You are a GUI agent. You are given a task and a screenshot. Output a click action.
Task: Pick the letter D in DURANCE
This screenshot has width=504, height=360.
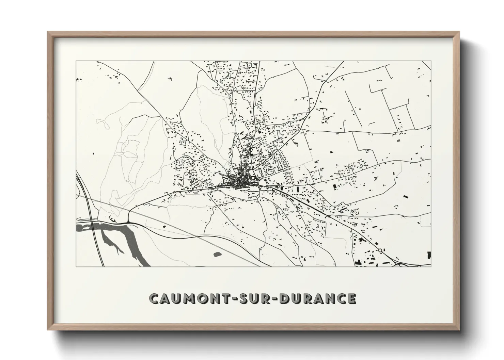292,298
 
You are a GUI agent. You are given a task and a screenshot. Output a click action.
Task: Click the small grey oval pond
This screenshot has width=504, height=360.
217,253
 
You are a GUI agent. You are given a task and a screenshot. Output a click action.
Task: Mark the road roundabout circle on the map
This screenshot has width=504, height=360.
380,250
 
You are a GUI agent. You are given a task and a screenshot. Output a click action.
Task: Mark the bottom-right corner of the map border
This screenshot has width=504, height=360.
431,266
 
